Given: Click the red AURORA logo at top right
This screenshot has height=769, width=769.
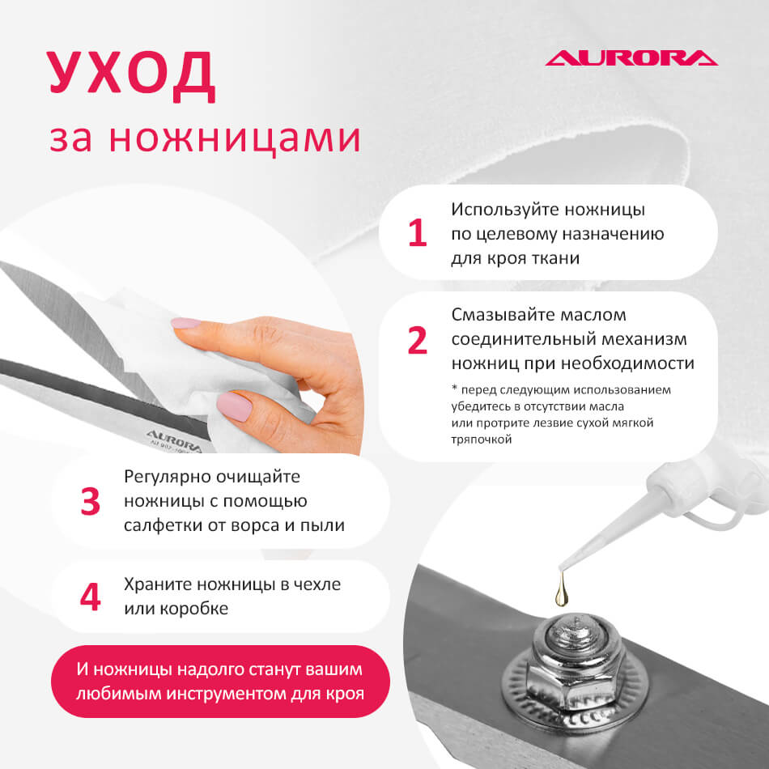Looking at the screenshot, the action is (x=631, y=57).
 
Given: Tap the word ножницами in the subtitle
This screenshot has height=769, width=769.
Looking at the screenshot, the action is (x=235, y=138).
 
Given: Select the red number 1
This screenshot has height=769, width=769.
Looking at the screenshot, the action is (x=418, y=232).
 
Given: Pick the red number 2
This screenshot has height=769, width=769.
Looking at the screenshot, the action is (x=418, y=340).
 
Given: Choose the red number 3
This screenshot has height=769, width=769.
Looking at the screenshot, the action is (x=90, y=501).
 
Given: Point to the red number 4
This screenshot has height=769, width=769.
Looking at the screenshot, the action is (x=90, y=597).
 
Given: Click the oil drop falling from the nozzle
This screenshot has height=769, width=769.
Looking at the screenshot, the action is (x=562, y=589).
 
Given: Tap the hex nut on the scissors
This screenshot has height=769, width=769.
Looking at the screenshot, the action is (x=575, y=658).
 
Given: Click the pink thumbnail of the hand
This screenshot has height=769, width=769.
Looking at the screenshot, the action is (x=234, y=406).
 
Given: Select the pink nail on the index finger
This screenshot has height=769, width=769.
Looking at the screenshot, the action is (x=186, y=323).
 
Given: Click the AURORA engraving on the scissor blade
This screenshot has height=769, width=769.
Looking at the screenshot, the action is (x=174, y=440).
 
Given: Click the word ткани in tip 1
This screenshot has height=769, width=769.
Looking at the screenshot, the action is (x=557, y=258).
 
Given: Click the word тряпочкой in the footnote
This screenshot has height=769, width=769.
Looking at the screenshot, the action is (x=481, y=440).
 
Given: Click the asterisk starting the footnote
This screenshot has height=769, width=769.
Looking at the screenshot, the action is (x=454, y=389).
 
